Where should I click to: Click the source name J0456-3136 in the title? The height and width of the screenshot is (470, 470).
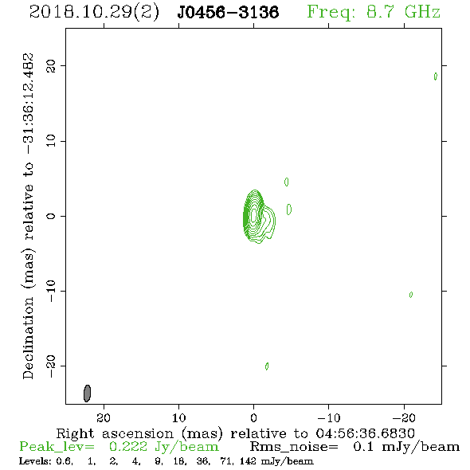(x=228, y=12)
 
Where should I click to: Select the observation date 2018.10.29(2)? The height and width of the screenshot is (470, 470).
(x=94, y=13)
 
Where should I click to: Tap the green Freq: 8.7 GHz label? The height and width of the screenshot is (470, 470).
(x=374, y=12)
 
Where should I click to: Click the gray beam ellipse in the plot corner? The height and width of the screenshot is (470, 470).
(x=87, y=394)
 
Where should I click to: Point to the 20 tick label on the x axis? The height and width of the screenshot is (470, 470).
(x=104, y=418)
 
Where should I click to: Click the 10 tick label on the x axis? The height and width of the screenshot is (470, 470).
(x=178, y=418)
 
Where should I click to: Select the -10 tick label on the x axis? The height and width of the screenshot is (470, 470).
(x=329, y=418)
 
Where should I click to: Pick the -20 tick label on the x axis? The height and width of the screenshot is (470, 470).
(x=404, y=418)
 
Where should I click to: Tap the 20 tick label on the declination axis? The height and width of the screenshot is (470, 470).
(x=51, y=65)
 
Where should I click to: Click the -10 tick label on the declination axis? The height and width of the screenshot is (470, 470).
(x=51, y=291)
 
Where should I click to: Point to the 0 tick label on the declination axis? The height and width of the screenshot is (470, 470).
(x=51, y=216)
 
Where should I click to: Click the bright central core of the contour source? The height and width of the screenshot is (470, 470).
(x=254, y=215)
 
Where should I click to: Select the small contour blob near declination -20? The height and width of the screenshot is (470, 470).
(x=267, y=366)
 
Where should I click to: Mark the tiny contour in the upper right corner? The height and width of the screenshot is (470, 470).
(x=436, y=76)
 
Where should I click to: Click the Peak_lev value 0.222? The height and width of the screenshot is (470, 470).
(x=128, y=447)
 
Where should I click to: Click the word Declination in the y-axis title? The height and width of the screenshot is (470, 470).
(x=28, y=338)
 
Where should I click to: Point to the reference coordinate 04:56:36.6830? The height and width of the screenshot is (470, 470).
(x=366, y=433)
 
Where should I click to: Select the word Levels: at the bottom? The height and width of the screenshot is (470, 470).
(x=31, y=461)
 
